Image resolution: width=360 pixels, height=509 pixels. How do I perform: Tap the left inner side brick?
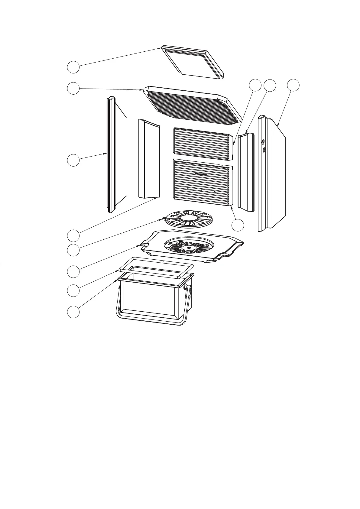[148, 159]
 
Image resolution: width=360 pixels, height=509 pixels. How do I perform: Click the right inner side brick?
[246, 172]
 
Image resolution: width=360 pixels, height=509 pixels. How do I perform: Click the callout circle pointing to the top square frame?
[73, 67]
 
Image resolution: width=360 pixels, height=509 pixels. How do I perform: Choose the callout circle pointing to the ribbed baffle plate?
[73, 88]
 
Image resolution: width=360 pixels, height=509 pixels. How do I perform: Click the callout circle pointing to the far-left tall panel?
[73, 160]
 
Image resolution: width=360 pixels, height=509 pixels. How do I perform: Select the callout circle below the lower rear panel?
[238, 225]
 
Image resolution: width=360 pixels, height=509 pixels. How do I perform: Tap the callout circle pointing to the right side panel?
[293, 86]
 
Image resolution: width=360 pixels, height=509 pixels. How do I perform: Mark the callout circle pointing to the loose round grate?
[73, 250]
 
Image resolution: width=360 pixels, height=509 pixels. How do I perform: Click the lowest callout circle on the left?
[73, 312]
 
